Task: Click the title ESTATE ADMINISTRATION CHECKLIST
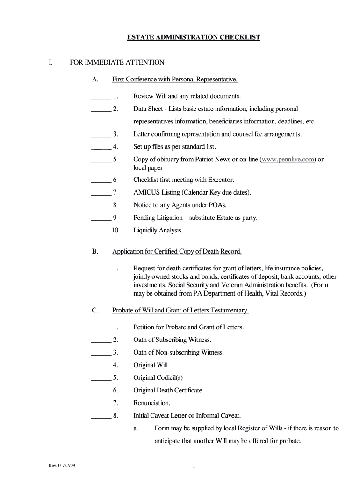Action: click(x=194, y=37)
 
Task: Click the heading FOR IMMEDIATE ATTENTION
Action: click(x=117, y=62)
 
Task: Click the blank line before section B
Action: click(x=80, y=252)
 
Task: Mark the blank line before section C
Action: click(x=80, y=311)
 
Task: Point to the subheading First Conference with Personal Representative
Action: click(x=175, y=80)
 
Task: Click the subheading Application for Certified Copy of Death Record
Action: click(x=177, y=252)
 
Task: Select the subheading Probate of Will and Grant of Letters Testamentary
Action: click(x=180, y=310)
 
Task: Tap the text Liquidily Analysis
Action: click(x=158, y=230)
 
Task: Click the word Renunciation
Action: click(x=152, y=403)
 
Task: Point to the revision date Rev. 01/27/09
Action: click(x=61, y=466)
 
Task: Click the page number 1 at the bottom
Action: click(x=194, y=466)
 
